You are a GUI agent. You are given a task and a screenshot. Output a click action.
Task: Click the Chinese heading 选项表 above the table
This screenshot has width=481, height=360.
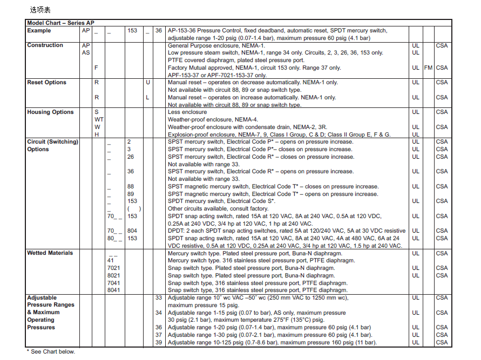(x=40, y=10)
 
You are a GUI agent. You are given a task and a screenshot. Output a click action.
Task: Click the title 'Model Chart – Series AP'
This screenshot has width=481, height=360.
(x=60, y=23)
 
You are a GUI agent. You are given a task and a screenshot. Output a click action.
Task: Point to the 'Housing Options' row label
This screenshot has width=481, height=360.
(x=50, y=112)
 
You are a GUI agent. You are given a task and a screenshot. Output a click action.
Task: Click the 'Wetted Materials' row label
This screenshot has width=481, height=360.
(x=50, y=253)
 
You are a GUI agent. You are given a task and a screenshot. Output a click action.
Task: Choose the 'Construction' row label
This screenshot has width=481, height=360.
(x=45, y=45)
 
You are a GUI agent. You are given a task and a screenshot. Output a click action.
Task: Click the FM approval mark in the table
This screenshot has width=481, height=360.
(x=428, y=68)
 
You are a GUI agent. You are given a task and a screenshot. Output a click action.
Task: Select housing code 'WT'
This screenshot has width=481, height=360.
(x=99, y=120)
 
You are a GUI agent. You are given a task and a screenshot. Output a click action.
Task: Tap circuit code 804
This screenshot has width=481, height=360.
(x=132, y=230)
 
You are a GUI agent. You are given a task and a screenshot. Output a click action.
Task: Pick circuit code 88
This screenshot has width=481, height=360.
(x=131, y=186)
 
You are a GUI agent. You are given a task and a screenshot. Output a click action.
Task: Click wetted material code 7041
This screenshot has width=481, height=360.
(x=114, y=283)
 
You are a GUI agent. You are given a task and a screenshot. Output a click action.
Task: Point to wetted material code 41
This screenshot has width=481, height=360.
(x=111, y=260)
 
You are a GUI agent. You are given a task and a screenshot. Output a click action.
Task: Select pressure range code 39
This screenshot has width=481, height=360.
(x=158, y=342)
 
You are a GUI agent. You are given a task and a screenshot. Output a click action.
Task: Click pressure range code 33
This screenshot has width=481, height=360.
(x=158, y=297)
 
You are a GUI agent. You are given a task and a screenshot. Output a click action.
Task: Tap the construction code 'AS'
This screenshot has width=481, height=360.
(x=86, y=53)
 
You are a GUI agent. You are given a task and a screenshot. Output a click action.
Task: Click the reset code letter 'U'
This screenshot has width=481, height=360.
(x=147, y=83)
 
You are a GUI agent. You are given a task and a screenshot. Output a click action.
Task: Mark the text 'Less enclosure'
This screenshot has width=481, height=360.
(x=187, y=112)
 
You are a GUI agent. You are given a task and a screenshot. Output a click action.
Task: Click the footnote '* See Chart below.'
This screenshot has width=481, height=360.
(x=51, y=351)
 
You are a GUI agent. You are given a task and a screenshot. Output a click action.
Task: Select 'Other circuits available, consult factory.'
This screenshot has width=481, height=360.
(x=218, y=208)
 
